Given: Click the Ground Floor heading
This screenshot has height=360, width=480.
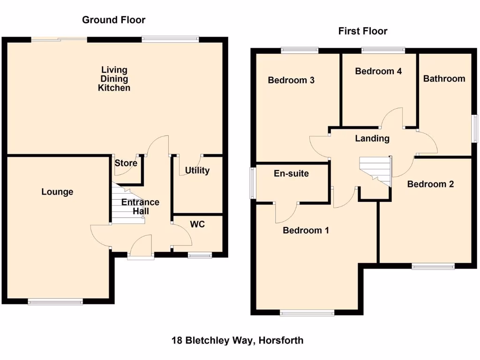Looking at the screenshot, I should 113,20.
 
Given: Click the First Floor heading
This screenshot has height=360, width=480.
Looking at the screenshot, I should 363,31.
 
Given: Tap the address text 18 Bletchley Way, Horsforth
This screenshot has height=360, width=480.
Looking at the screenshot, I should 237,340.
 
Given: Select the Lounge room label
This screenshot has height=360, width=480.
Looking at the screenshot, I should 57,192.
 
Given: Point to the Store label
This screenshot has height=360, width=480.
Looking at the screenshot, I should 126,163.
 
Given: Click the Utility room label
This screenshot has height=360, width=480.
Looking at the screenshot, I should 197,170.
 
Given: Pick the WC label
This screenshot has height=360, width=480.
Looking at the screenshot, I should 197,225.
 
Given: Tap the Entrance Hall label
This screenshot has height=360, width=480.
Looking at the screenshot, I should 140,207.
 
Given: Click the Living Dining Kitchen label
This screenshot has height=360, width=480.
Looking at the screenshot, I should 114,79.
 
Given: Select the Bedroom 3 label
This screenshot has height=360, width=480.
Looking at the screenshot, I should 291,80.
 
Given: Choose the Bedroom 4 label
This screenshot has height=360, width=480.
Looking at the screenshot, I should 378,71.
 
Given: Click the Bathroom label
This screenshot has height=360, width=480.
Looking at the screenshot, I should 444,78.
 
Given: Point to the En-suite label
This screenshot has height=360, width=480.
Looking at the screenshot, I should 291,173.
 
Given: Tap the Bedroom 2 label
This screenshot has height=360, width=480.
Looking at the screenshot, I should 430,184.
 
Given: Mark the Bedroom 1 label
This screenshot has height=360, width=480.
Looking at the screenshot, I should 306,230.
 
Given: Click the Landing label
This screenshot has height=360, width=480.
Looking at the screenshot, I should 372,138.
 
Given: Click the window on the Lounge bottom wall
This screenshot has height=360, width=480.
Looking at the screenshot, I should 55,302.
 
